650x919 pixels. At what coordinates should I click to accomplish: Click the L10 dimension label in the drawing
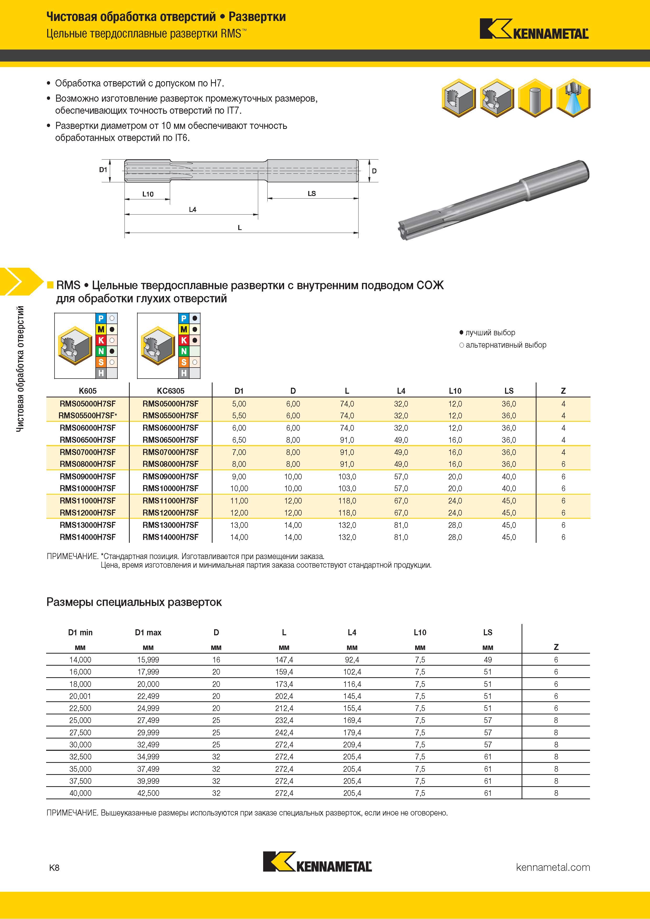click(x=148, y=194)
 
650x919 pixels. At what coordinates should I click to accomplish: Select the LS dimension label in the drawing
click(x=312, y=193)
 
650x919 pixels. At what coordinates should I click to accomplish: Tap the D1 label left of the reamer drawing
click(x=103, y=170)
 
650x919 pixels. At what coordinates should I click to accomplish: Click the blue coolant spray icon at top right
click(x=573, y=98)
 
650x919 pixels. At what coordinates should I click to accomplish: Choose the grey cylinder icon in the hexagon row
click(x=535, y=98)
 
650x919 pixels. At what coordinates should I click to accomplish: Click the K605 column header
click(x=88, y=391)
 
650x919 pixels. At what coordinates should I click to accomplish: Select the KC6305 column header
click(x=171, y=391)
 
